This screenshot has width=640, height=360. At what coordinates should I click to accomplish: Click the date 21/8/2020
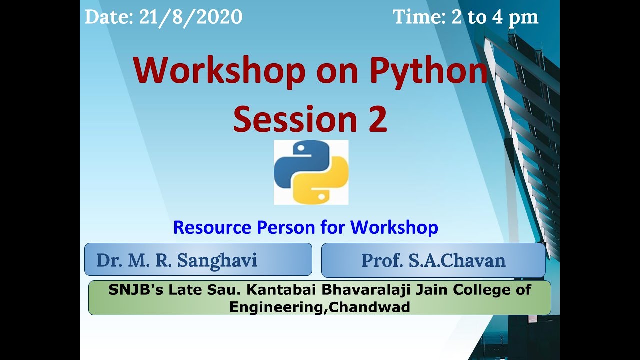191,17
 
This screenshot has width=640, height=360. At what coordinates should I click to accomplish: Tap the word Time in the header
418,17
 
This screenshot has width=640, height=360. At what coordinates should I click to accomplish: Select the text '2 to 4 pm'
495,17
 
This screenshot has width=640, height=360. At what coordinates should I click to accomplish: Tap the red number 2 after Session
378,120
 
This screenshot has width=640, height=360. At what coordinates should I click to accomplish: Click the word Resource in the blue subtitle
212,228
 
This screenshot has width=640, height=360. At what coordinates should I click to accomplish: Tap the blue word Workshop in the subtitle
394,228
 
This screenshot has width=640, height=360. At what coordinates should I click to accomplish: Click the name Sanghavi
217,260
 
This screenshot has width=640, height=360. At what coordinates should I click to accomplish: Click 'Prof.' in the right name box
380,260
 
